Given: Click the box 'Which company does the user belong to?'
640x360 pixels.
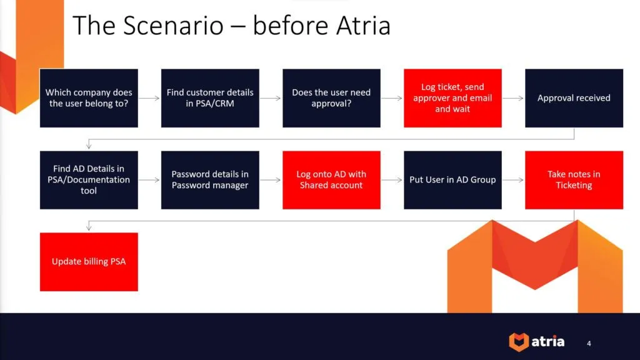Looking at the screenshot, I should coord(89,98).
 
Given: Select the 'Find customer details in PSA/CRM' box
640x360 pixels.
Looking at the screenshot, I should coord(210,98).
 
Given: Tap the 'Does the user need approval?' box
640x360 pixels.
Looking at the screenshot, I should coord(331,98).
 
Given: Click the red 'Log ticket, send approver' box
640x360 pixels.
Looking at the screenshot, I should coord(452,98).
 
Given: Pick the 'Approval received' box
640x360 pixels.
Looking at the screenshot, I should coord(574,98).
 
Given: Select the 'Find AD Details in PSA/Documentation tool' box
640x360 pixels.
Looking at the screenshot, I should coord(89,180).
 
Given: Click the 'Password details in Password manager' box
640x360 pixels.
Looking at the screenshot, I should coord(210,180).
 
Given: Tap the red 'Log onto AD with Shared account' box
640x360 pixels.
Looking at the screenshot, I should coord(331,180).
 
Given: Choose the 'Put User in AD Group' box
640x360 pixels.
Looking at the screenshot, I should coord(452,180).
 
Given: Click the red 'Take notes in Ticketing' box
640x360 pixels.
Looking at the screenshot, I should coord(574,180).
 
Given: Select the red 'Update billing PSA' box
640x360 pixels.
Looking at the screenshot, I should coord(89,262).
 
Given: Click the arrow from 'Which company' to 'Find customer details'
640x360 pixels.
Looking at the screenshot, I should coord(149,98).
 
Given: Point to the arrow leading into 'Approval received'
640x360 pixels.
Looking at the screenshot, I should coord(513,98).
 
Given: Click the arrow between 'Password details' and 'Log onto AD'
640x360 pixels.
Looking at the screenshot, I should coord(271,180).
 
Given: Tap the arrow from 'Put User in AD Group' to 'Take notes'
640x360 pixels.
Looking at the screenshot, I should coord(513,180).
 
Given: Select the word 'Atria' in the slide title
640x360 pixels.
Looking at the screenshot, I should coord(361,26).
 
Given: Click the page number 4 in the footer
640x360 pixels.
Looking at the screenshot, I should coord(589,343).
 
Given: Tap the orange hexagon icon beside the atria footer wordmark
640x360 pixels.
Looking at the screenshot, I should coord(518,342).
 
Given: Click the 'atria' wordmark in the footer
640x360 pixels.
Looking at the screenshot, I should coord(548,342).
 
